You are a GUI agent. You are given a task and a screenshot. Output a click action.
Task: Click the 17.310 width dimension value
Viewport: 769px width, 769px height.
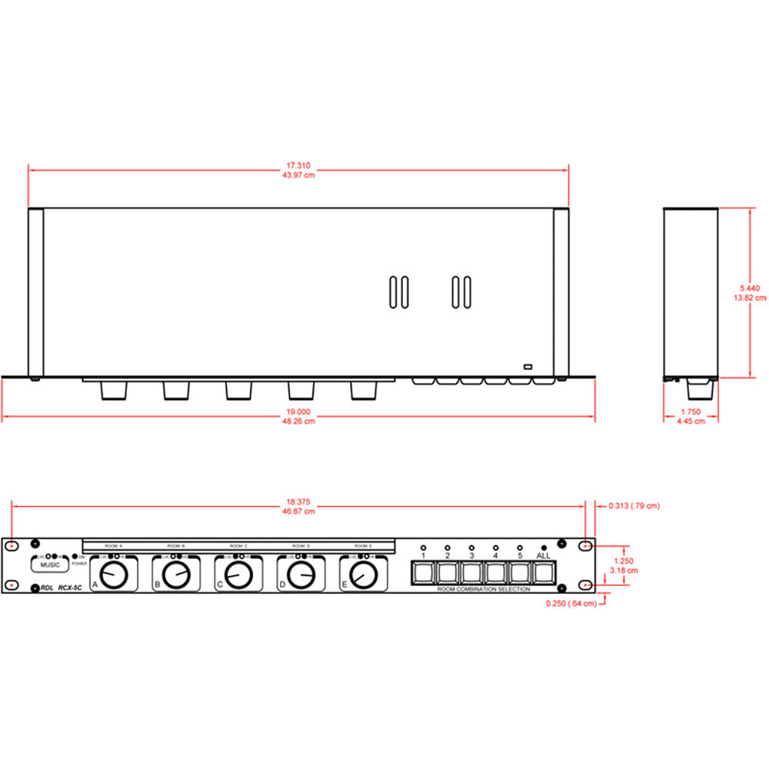coord(298,165)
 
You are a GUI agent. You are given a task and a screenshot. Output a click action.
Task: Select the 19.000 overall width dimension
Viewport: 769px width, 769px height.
coord(298,411)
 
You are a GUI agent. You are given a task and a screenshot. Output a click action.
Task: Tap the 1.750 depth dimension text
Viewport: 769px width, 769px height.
coord(690,411)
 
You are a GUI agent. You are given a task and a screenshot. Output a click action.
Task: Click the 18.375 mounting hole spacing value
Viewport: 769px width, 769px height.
coord(298,501)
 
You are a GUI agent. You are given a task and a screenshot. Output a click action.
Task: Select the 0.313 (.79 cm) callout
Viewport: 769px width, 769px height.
coord(634,506)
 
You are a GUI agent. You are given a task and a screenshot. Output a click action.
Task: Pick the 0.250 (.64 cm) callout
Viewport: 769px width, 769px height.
coord(570,603)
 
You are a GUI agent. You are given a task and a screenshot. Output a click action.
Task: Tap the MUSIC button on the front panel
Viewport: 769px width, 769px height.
coord(50,565)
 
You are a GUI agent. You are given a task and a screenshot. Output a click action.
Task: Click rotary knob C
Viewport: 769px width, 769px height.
coord(239,574)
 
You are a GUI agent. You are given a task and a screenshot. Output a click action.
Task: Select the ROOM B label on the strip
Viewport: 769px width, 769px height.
coord(176,545)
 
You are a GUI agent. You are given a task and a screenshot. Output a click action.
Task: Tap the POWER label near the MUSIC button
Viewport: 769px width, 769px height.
coord(80,563)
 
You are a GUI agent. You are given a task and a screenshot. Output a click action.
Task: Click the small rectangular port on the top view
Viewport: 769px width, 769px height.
coord(528,366)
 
